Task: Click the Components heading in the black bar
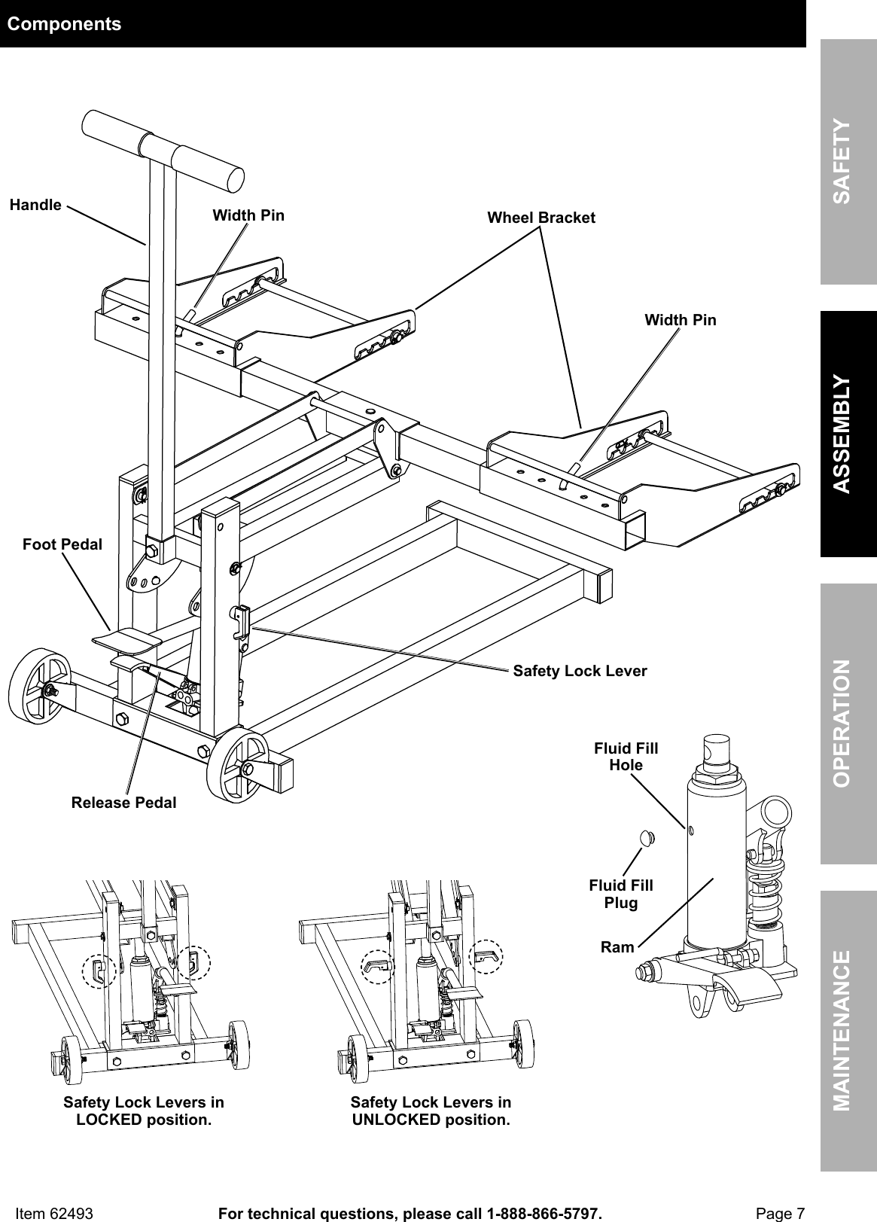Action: pyautogui.click(x=64, y=24)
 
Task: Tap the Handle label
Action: pyautogui.click(x=35, y=205)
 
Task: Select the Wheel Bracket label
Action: pyautogui.click(x=541, y=218)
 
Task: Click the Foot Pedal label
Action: pyautogui.click(x=62, y=544)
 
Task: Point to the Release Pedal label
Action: pyautogui.click(x=123, y=803)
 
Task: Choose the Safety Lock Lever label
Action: pyautogui.click(x=580, y=670)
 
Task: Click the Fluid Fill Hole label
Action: pyautogui.click(x=626, y=757)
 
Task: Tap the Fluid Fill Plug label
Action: pyautogui.click(x=621, y=894)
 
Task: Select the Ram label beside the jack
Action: pyautogui.click(x=617, y=947)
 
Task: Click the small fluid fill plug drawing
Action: pyautogui.click(x=646, y=837)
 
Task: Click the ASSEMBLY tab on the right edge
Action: pyautogui.click(x=848, y=434)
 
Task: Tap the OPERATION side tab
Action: pyautogui.click(x=848, y=723)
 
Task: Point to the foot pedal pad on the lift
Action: pyautogui.click(x=126, y=640)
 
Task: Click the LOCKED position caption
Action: pyautogui.click(x=143, y=1111)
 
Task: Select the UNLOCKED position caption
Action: pyautogui.click(x=431, y=1111)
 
